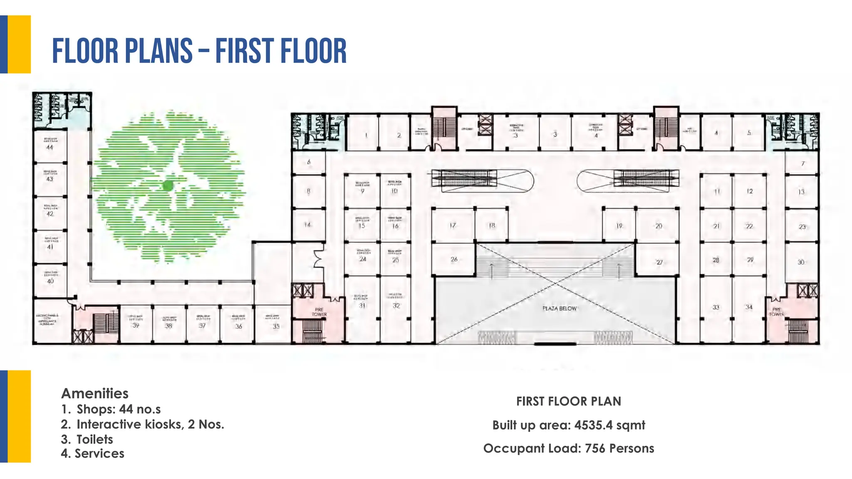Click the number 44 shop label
click(x=50, y=147)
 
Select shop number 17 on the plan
click(x=453, y=225)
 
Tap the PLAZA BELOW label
click(x=560, y=309)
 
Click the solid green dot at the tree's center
click(x=168, y=186)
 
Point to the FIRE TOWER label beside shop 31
click(x=319, y=312)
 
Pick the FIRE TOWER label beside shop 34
click(x=777, y=312)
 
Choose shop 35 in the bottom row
click(x=276, y=326)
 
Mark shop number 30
click(x=801, y=262)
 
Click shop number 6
click(x=309, y=162)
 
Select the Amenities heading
click(x=95, y=393)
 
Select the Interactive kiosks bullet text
click(x=150, y=425)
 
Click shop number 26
click(x=454, y=259)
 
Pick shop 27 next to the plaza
click(x=659, y=262)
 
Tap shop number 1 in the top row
click(x=366, y=135)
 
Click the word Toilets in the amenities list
click(x=95, y=439)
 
